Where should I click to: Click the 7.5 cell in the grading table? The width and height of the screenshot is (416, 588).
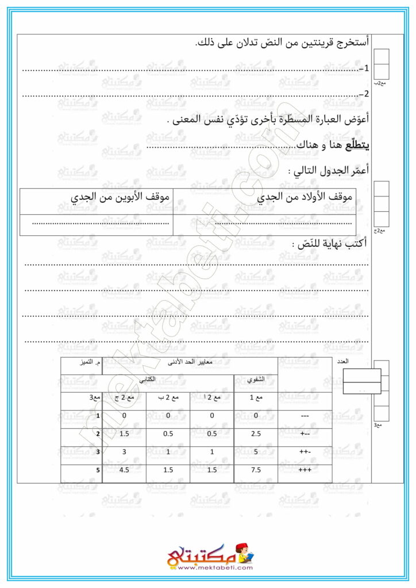(x=256, y=470)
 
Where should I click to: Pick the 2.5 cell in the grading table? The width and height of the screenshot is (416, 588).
(x=256, y=435)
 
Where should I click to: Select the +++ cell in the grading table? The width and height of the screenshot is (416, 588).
(x=305, y=470)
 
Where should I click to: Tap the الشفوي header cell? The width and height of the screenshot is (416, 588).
(x=256, y=380)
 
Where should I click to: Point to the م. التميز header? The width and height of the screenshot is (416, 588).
(x=83, y=363)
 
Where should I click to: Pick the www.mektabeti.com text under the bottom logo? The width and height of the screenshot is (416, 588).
(x=207, y=568)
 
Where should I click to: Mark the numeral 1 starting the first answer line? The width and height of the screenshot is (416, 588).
(x=365, y=68)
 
